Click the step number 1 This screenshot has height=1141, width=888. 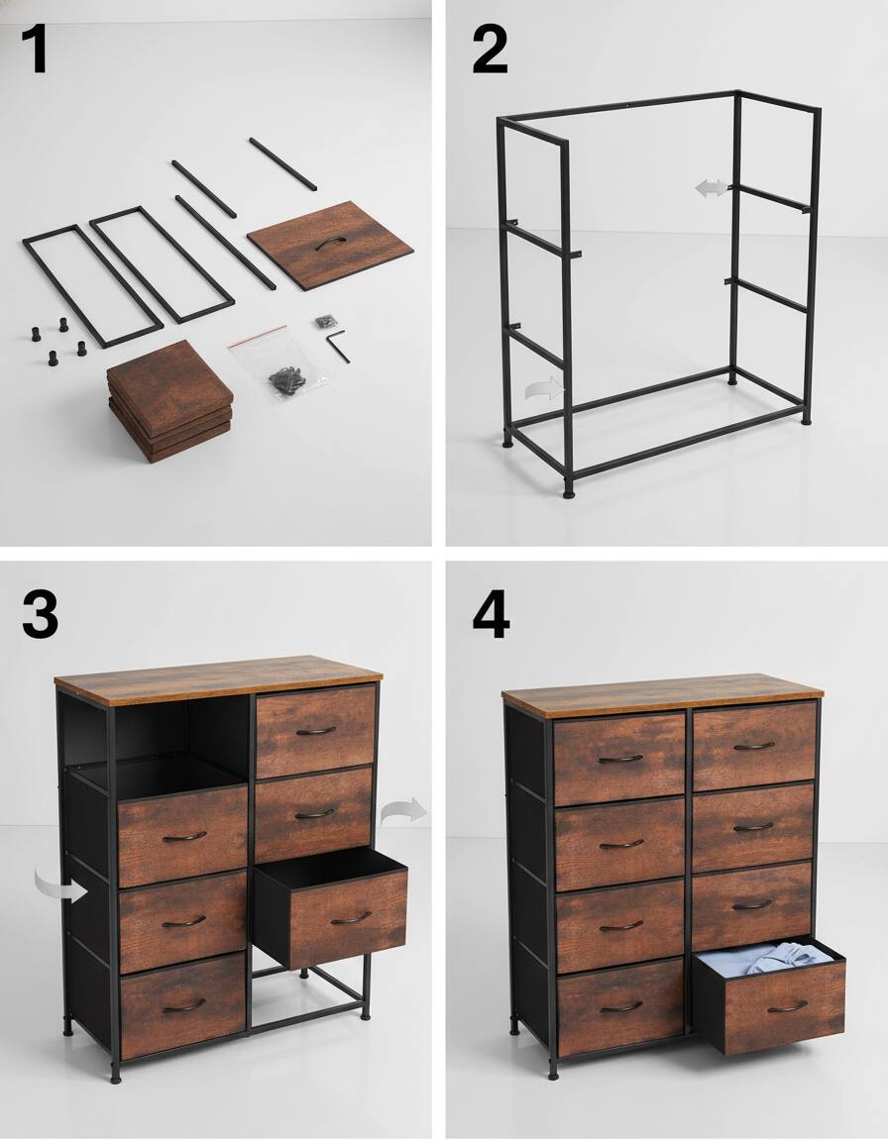point(36,51)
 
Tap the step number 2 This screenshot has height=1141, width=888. point(489,51)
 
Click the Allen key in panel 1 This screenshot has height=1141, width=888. point(338,345)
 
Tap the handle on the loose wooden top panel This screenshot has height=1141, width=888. point(329,244)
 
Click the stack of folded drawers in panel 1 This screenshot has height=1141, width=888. point(169,400)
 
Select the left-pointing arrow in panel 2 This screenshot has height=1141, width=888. point(709,188)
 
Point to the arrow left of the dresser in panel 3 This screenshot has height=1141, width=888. point(59,884)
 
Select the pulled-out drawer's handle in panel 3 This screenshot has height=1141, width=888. point(350,918)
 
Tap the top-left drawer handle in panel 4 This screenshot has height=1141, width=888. point(620,759)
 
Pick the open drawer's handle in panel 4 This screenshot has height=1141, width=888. point(787,1006)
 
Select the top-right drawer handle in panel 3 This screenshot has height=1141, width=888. point(315,731)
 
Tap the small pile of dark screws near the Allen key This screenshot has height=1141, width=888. point(323,321)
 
